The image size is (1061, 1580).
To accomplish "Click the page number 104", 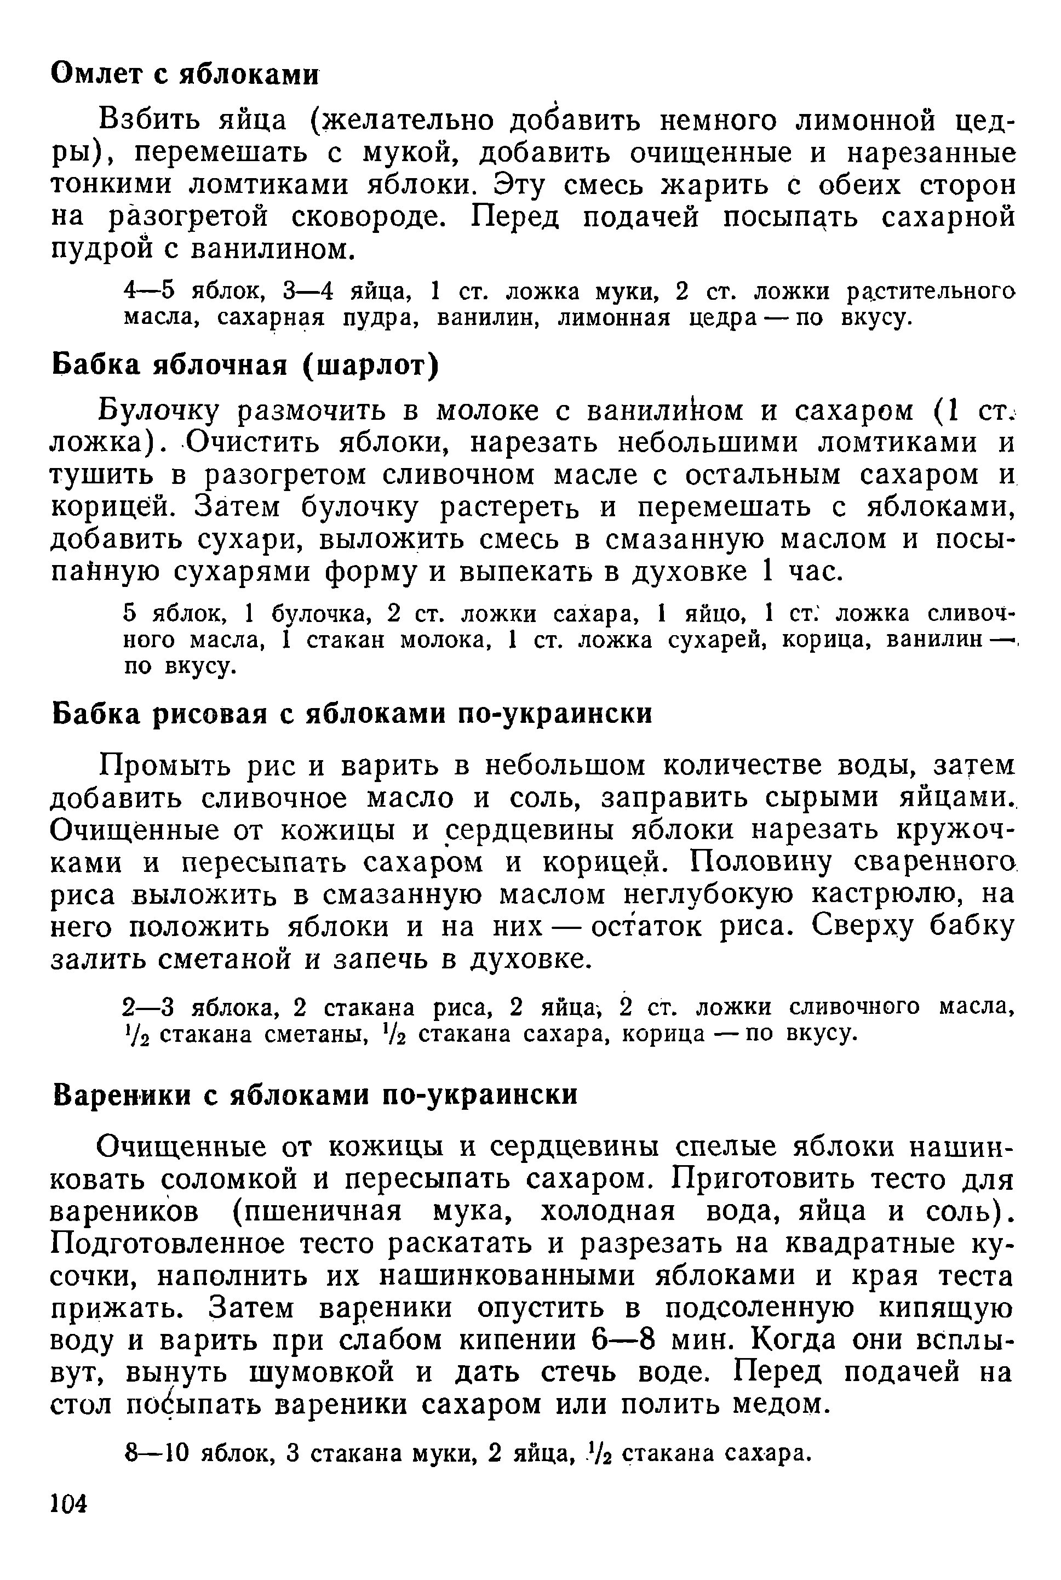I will tap(70, 1504).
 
